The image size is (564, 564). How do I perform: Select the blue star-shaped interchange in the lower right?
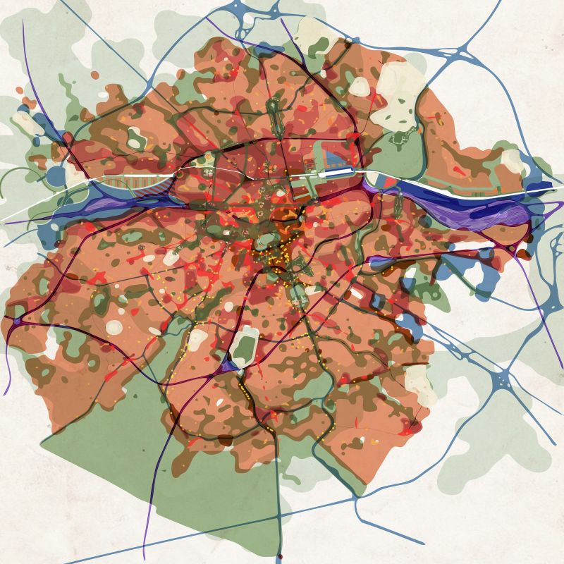(505, 383)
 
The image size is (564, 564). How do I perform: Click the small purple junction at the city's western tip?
(16, 321)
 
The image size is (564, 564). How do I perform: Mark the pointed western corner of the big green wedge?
(42, 443)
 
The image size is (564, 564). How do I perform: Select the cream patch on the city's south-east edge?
(417, 381)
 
